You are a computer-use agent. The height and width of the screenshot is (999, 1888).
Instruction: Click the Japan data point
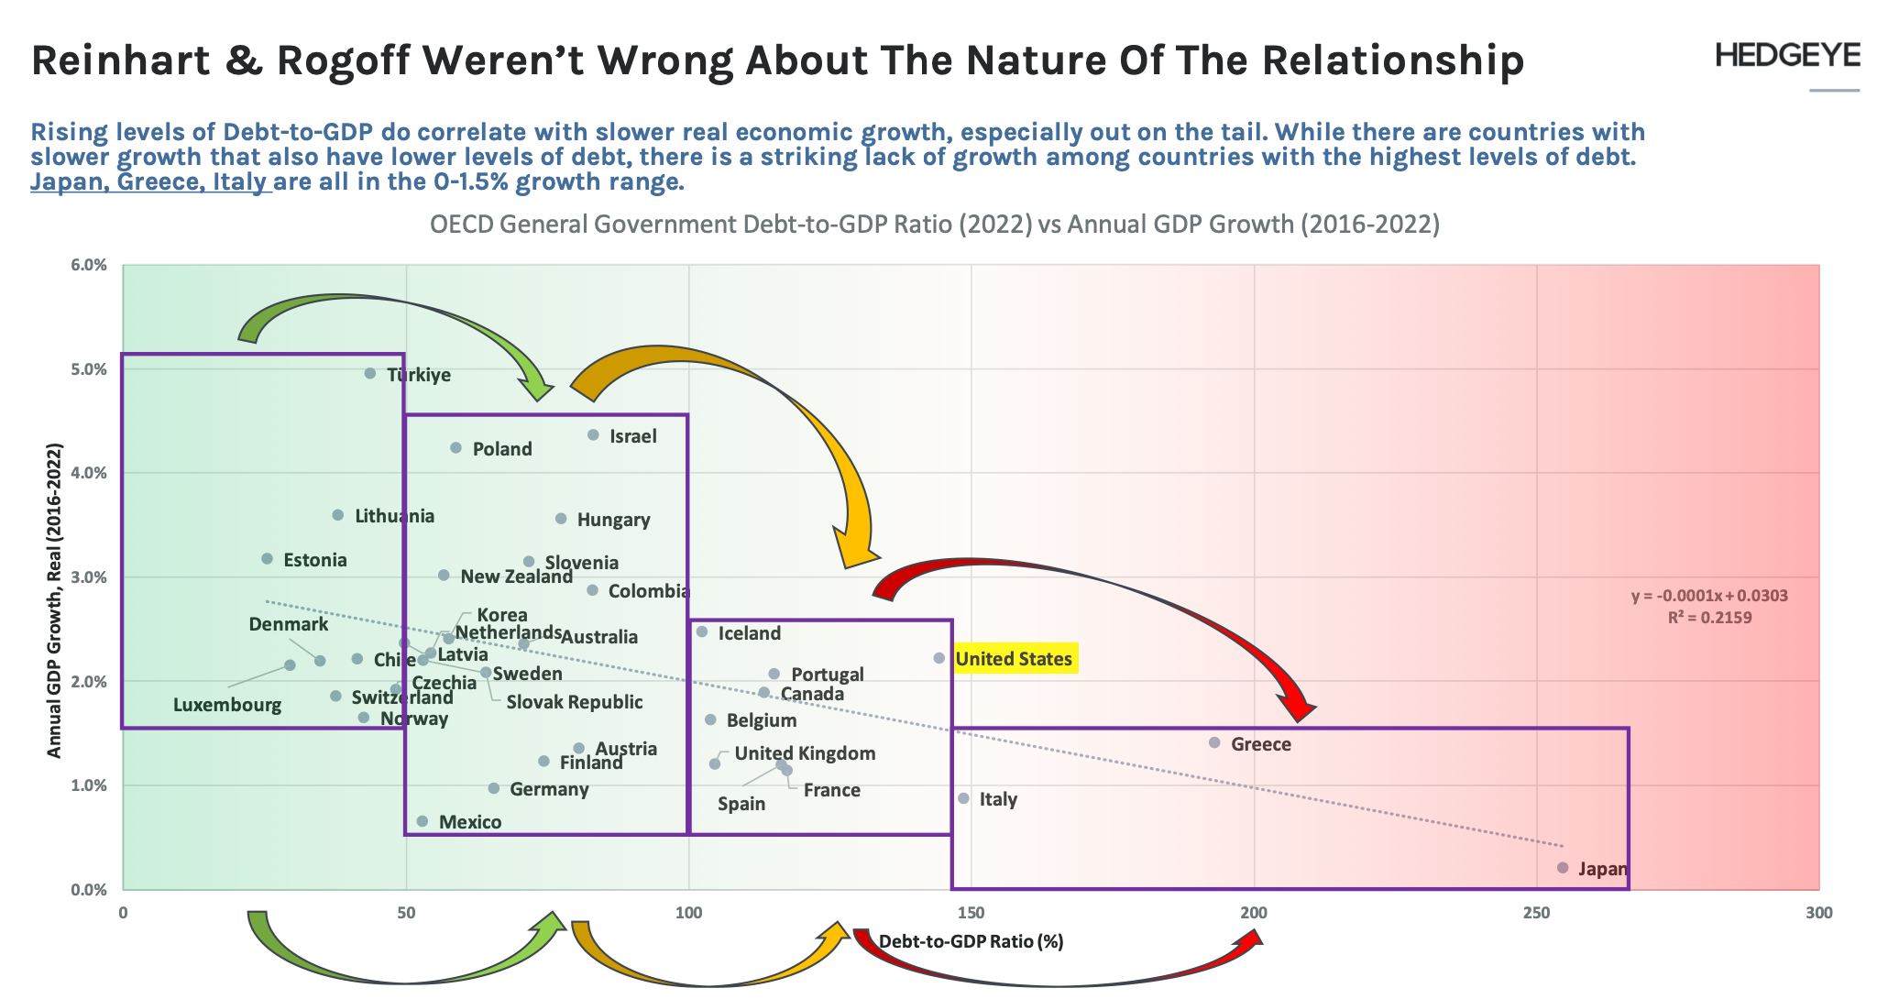1563,867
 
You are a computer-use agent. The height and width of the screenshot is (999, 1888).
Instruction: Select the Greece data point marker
1214,742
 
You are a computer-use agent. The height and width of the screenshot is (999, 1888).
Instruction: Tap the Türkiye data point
370,373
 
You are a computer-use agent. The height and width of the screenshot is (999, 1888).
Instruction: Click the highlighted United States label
1014,659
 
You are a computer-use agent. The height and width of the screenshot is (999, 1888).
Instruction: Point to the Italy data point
963,798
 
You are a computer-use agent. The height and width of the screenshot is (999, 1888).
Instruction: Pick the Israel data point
593,434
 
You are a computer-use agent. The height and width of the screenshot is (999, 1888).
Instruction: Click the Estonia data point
267,558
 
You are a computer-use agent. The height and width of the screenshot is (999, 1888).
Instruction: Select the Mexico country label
470,822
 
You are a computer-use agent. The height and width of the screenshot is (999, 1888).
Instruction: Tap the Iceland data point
702,631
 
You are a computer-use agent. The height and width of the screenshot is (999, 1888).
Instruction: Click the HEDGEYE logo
1787,55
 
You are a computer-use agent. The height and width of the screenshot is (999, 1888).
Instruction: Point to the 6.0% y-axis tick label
89,265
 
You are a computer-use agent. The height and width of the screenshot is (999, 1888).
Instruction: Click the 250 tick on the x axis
1536,913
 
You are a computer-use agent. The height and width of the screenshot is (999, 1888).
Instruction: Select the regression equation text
1709,596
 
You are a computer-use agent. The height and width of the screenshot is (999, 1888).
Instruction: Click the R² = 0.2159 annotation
1709,617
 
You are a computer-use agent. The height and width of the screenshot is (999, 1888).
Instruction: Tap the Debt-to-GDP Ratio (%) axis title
971,941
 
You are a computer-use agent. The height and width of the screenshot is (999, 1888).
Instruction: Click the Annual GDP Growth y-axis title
54,600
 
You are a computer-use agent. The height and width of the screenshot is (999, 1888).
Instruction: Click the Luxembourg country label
227,705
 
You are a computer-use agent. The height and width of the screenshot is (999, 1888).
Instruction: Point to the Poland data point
456,447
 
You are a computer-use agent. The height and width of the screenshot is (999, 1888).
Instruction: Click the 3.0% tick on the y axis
89,577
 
